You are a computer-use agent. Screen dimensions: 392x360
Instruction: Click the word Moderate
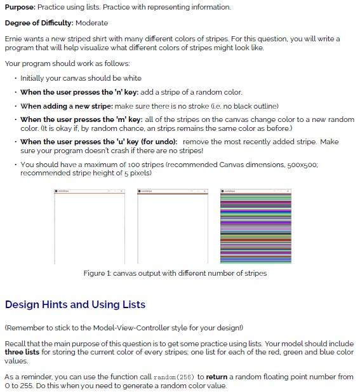point(92,23)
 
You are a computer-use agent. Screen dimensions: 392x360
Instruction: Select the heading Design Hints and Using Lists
point(75,304)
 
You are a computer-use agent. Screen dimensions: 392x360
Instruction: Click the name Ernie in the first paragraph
point(14,39)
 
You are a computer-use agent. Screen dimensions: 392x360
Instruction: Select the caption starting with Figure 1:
point(175,273)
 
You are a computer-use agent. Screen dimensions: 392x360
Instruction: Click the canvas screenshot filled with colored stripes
point(255,227)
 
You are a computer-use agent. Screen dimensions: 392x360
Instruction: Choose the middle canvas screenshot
point(173,227)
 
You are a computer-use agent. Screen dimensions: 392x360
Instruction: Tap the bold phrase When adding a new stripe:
point(66,105)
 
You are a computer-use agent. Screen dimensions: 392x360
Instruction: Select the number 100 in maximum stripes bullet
point(122,165)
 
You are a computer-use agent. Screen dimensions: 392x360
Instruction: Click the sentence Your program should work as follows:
point(67,64)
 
